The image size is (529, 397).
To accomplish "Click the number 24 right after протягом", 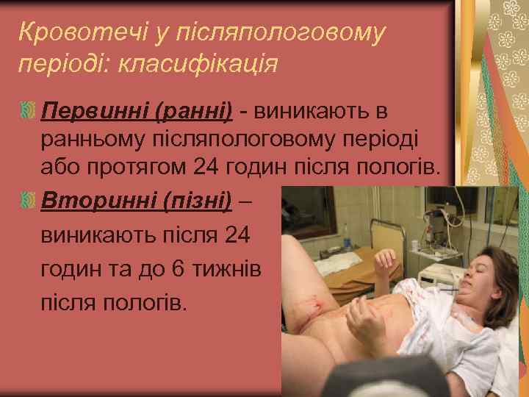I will pyautogui.click(x=206, y=168).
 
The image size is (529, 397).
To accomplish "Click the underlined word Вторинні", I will pyautogui.click(x=96, y=199).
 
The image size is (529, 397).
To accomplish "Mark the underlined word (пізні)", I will pyautogui.click(x=195, y=199).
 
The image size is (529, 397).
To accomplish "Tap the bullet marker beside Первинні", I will pyautogui.click(x=27, y=112).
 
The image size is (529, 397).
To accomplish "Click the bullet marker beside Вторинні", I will pyautogui.click(x=27, y=199).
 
